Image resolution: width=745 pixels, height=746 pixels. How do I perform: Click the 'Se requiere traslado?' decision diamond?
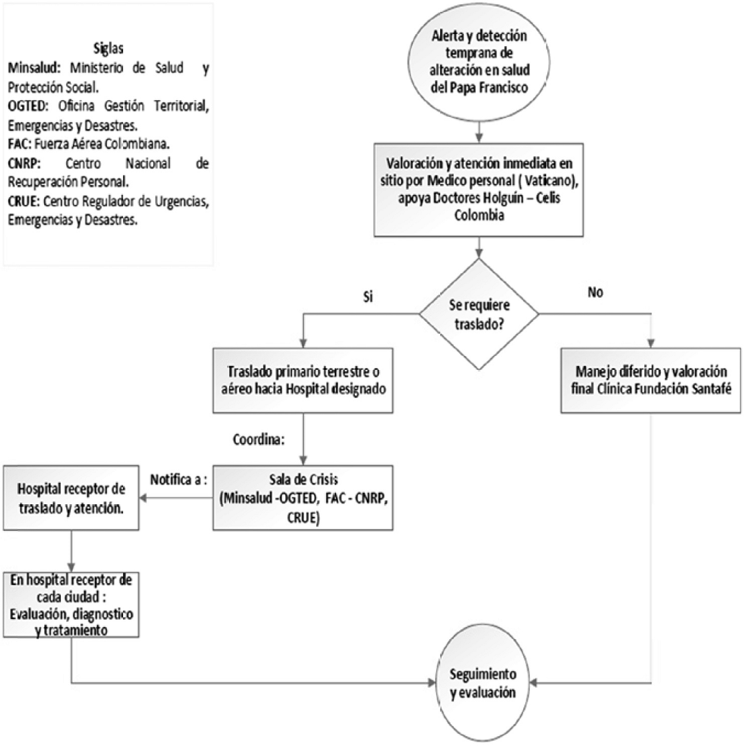click(479, 314)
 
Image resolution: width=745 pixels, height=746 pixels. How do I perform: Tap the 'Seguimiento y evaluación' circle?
click(482, 684)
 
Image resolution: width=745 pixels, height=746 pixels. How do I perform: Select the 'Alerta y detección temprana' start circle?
click(479, 62)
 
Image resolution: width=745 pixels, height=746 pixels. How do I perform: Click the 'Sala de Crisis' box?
click(303, 498)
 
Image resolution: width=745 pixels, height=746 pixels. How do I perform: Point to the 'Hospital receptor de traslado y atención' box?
click(71, 498)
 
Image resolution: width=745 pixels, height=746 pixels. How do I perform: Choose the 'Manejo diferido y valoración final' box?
click(651, 380)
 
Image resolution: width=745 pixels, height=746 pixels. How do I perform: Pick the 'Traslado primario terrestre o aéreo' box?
click(303, 380)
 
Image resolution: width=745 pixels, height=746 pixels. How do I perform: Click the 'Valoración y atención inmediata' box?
click(478, 190)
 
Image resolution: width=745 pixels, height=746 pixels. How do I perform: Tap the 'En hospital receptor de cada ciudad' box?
click(71, 604)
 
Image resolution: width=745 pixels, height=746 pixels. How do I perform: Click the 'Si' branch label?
click(368, 297)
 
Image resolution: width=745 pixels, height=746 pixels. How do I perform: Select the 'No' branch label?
click(595, 292)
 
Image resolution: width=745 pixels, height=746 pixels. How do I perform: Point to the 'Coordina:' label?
click(259, 439)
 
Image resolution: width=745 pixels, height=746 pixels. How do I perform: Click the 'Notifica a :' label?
click(179, 480)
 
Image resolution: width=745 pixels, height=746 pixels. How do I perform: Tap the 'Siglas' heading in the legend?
click(108, 49)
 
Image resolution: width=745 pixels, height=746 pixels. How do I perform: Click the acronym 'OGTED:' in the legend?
click(28, 106)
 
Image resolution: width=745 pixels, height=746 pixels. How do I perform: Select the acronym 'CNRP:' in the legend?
click(24, 164)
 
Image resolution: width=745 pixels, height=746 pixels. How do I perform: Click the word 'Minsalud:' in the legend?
click(34, 68)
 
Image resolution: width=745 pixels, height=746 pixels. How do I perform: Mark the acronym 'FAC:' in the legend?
click(19, 144)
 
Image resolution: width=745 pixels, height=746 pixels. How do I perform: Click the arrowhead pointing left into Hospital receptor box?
click(143, 498)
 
